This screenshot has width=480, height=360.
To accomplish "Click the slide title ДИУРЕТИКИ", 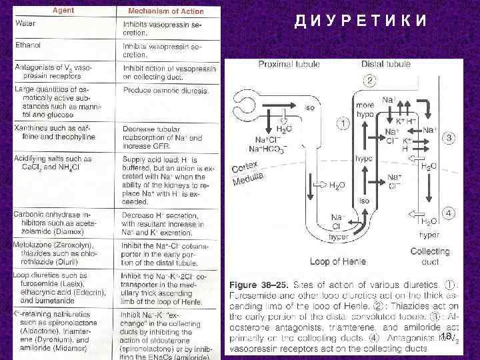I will (x=361, y=21).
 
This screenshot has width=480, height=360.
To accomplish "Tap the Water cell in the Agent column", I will (x=27, y=23).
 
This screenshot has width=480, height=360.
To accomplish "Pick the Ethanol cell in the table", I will (x=29, y=45).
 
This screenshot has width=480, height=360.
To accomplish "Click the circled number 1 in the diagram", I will (x=343, y=123).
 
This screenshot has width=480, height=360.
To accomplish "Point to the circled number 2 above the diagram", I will (x=370, y=80).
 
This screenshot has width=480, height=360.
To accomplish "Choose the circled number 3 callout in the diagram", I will (x=449, y=137).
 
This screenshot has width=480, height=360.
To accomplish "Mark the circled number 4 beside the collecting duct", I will (x=449, y=213).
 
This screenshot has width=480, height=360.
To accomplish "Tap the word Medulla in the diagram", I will (x=248, y=179).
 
